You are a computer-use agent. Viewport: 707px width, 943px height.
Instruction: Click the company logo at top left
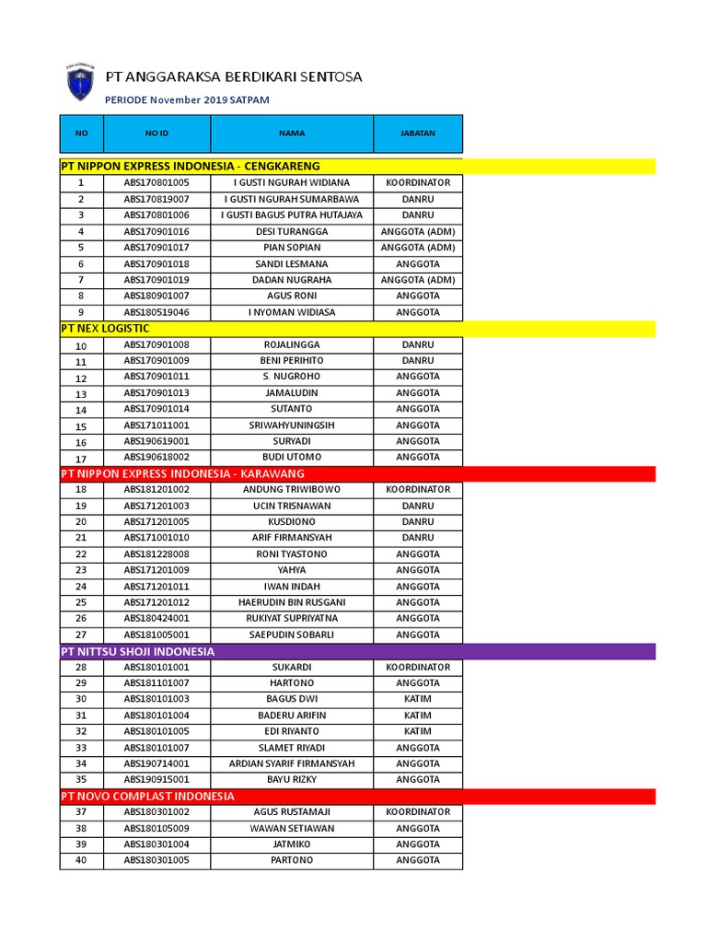80,82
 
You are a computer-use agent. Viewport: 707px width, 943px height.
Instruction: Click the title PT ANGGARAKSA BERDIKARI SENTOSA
234,76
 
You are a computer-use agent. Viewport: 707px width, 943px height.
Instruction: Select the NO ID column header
156,134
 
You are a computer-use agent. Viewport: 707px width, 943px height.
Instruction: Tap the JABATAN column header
418,134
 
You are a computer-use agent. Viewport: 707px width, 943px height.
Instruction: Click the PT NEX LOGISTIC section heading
105,329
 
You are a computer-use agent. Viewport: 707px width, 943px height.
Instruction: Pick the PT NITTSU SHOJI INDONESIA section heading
137,651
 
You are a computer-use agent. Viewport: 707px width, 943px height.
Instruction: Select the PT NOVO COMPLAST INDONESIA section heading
147,796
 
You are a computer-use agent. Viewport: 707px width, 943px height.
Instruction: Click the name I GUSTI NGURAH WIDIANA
291,182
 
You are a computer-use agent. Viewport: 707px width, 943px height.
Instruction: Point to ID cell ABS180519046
156,312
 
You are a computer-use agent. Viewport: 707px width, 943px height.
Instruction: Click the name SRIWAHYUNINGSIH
291,425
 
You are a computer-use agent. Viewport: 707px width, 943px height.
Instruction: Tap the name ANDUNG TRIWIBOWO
291,490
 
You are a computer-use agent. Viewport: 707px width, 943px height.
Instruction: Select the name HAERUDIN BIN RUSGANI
291,602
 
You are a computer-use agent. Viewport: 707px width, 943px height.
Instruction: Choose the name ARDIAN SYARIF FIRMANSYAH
291,763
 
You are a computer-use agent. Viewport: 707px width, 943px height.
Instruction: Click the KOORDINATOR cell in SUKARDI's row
418,667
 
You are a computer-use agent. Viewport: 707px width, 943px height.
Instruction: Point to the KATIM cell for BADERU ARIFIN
418,716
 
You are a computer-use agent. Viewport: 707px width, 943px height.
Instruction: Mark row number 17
81,458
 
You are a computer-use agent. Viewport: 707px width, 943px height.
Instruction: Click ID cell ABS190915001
156,780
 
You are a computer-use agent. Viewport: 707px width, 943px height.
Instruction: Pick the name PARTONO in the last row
291,860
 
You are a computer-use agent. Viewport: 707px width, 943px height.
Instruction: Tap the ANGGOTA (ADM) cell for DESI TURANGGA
418,231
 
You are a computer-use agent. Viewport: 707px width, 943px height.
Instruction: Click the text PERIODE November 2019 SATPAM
187,99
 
